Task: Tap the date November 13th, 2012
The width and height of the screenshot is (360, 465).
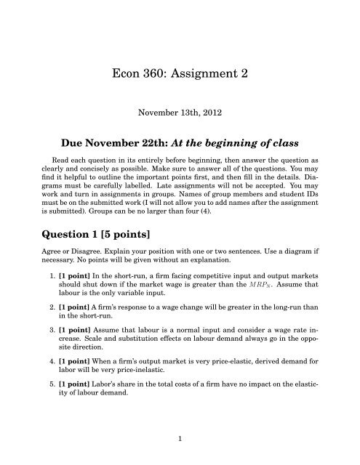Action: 180,113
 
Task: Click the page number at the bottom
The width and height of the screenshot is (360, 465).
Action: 180,438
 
